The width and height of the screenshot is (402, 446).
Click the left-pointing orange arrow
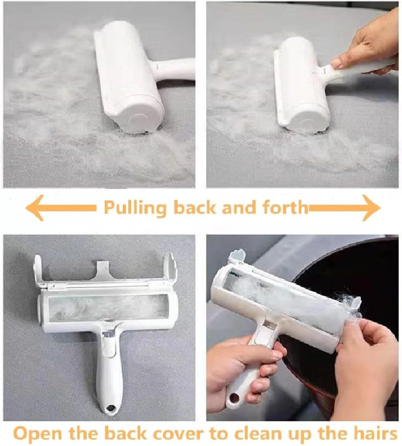pos(60,208)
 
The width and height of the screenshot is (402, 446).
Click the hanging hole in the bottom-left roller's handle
pos(109,409)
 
